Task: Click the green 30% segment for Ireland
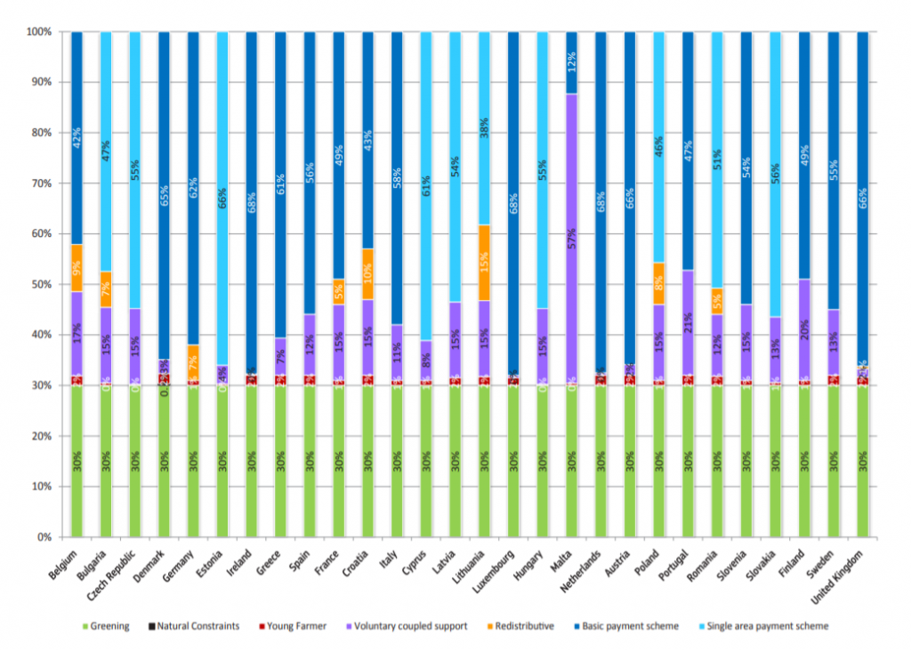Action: (252, 461)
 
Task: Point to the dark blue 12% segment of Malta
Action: (571, 62)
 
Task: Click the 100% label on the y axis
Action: (38, 32)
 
